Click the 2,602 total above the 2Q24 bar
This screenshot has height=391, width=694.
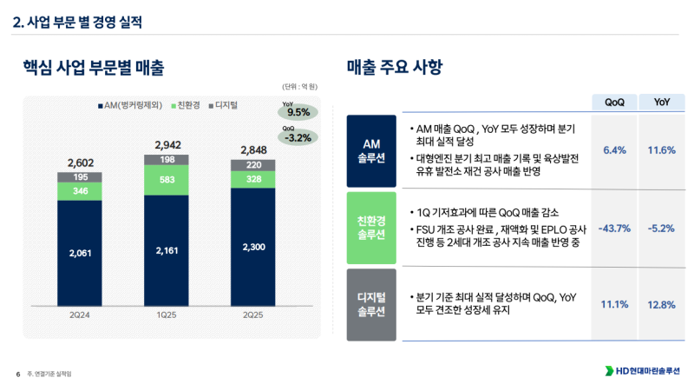[x=79, y=162]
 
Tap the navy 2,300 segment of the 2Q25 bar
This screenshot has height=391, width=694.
[x=253, y=248]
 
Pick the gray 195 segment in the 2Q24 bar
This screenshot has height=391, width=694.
[x=79, y=177]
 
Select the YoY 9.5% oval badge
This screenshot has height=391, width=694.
[x=298, y=110]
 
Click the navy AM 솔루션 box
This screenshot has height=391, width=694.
[x=370, y=150]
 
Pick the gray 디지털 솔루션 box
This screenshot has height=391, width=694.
[x=370, y=304]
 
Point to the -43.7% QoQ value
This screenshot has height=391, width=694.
[x=613, y=229]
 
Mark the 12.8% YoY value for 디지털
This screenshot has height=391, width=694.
[x=661, y=304]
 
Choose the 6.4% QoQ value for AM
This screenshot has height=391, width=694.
[x=613, y=150]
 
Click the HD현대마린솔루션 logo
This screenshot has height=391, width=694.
[x=642, y=372]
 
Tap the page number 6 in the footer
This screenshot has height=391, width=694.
[x=17, y=374]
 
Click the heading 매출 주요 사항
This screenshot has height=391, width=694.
[x=394, y=67]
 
